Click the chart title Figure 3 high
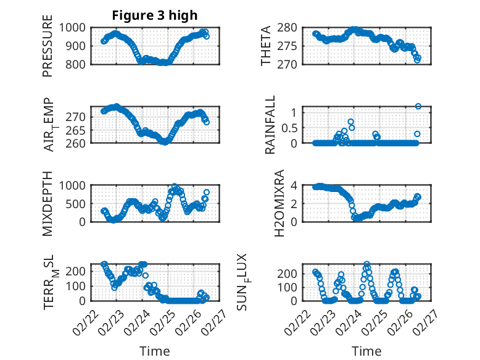154,15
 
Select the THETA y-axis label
266,45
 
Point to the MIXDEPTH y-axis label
48,203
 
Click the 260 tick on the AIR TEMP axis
78,143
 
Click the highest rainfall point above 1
418,106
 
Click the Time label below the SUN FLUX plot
366,351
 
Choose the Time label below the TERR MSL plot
154,351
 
